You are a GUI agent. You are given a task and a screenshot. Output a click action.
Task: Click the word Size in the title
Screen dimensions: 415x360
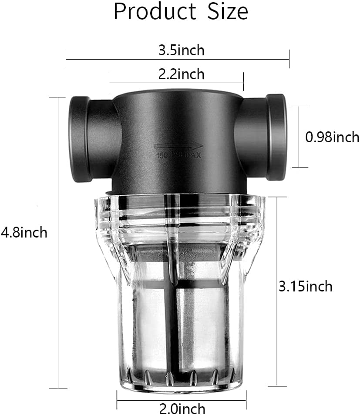(x=225, y=12)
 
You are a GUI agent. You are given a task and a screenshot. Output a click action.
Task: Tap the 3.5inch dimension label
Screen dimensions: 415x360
(x=181, y=50)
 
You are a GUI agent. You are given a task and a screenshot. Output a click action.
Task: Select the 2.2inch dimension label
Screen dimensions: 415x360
(x=181, y=74)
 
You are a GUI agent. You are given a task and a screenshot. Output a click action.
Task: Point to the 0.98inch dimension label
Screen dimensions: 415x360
(x=332, y=137)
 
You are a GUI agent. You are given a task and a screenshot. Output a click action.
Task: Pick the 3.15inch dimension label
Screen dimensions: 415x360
(x=305, y=286)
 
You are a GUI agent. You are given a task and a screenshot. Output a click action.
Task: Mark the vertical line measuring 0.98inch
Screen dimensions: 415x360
(x=299, y=137)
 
